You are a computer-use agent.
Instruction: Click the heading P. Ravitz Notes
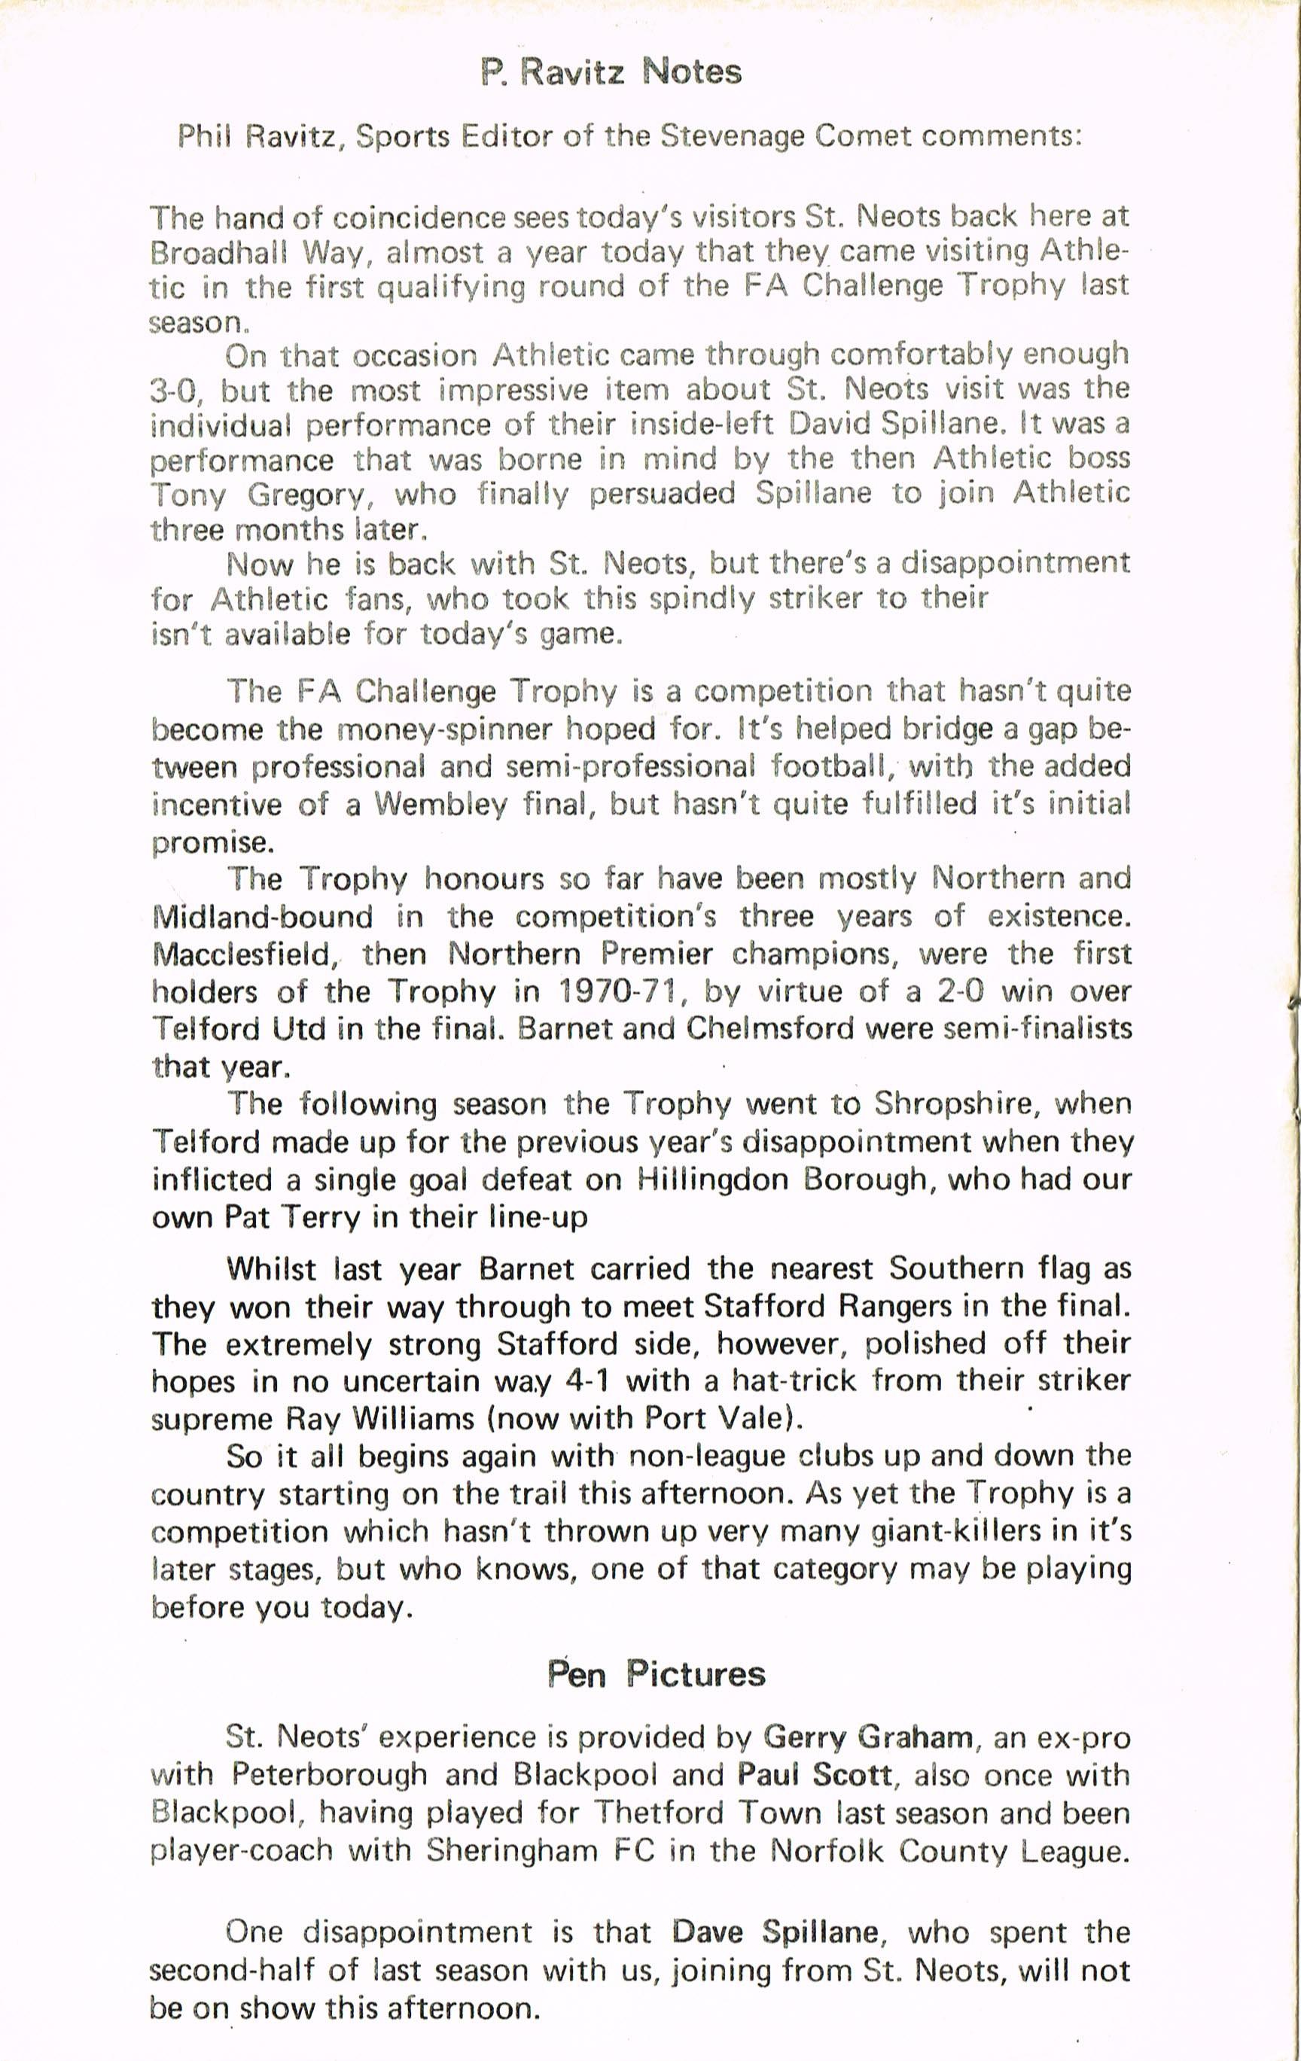(611, 72)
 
